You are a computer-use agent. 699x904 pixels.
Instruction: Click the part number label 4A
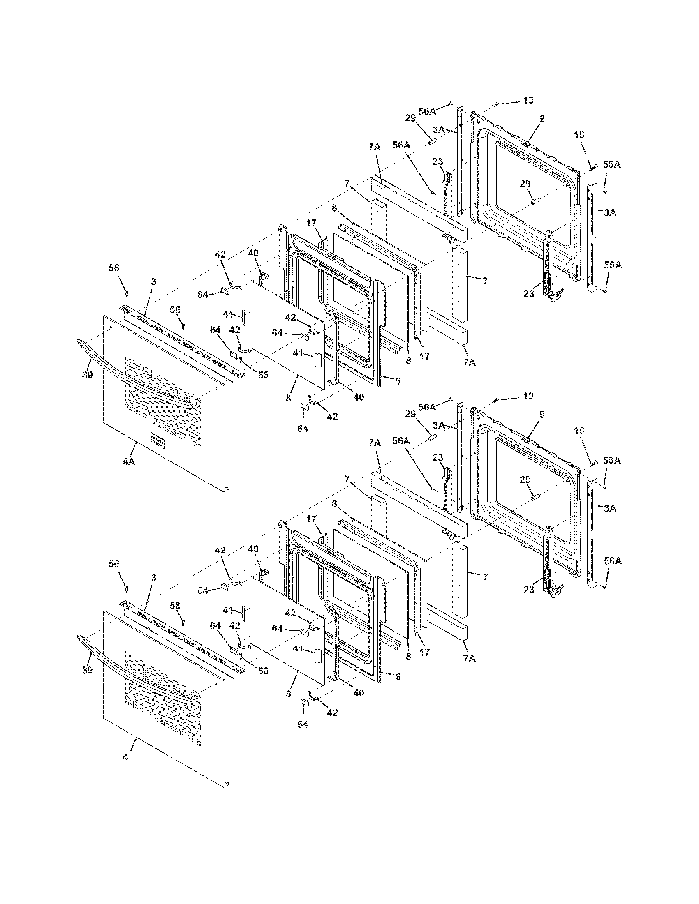pyautogui.click(x=129, y=461)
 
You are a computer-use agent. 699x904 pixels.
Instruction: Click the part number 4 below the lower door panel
pyautogui.click(x=125, y=756)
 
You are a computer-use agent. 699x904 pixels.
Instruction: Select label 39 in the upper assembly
pyautogui.click(x=87, y=375)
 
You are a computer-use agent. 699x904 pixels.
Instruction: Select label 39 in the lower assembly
pyautogui.click(x=87, y=670)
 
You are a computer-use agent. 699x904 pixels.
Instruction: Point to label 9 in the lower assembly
pyautogui.click(x=542, y=414)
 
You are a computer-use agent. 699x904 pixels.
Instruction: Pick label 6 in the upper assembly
pyautogui.click(x=398, y=381)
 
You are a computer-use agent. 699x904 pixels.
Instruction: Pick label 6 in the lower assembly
pyautogui.click(x=398, y=676)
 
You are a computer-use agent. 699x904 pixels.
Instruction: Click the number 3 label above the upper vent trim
pyautogui.click(x=154, y=282)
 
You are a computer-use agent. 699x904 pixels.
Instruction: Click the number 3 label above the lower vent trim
pyautogui.click(x=154, y=577)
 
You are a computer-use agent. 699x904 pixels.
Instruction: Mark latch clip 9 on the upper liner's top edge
pyautogui.click(x=526, y=144)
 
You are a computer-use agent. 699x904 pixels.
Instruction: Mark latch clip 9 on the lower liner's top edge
pyautogui.click(x=526, y=440)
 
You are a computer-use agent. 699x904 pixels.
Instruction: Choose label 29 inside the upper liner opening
pyautogui.click(x=525, y=184)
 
